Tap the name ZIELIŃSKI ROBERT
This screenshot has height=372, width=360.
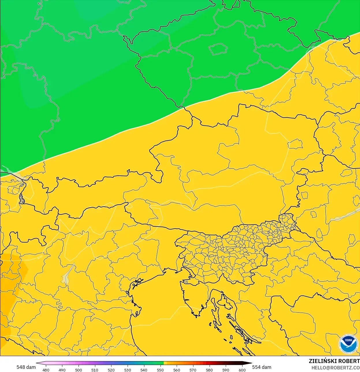[x=334, y=361]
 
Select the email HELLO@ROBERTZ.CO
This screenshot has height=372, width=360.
[x=335, y=368]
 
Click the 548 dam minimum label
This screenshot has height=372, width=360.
[x=26, y=367]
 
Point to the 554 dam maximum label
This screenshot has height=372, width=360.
[x=262, y=367]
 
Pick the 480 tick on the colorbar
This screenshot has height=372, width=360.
[x=46, y=370]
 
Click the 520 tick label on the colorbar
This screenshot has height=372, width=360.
[x=111, y=370]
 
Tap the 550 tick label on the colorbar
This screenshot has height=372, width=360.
[x=160, y=370]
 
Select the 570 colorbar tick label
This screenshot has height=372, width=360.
[x=193, y=370]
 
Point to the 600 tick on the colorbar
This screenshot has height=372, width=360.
[x=242, y=370]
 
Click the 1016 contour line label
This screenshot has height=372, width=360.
[x=40, y=257]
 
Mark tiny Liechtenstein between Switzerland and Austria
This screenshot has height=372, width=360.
[x=22, y=199]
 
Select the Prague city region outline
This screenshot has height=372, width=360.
[x=218, y=49]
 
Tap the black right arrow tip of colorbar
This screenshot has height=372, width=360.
[x=251, y=363]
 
